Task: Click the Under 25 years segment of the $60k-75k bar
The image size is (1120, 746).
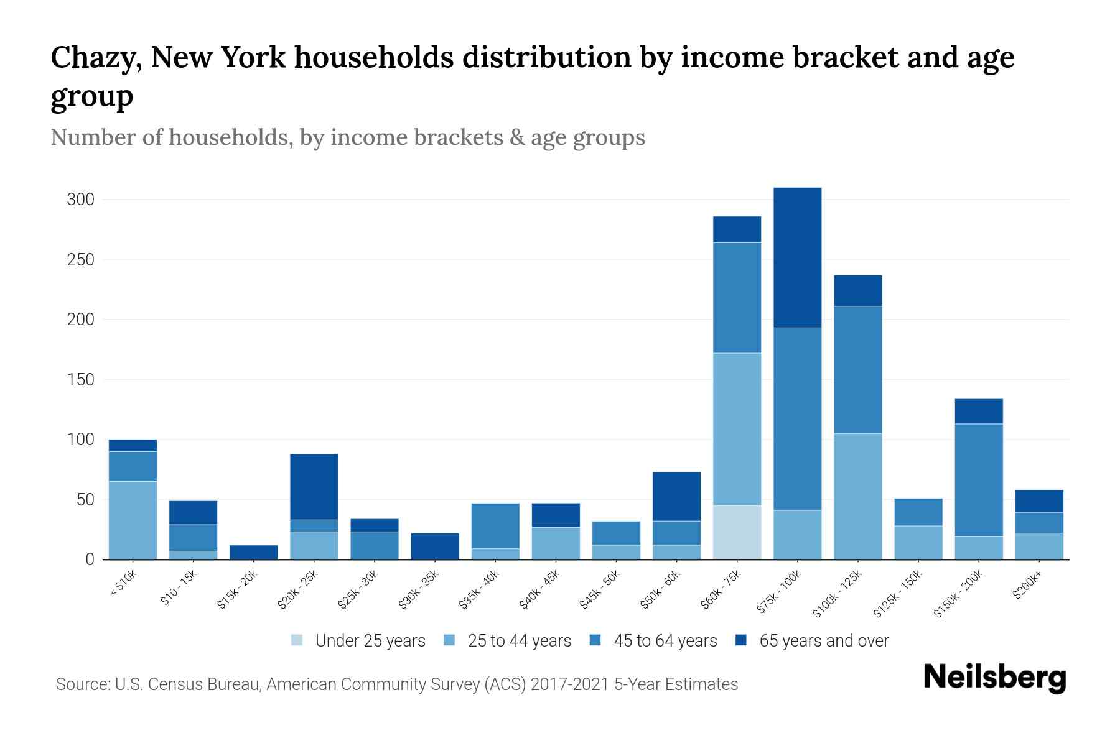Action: click(x=737, y=532)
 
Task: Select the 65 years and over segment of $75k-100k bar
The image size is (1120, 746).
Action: click(x=797, y=257)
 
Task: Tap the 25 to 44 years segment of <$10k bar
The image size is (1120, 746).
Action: click(x=133, y=520)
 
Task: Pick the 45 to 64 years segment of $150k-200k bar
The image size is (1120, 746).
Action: click(x=979, y=480)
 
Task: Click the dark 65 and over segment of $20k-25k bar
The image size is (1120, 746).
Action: click(x=314, y=487)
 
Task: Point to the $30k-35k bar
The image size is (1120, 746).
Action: click(x=435, y=546)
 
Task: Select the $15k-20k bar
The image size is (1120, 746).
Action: click(x=253, y=552)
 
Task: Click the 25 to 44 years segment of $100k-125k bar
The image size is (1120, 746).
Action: click(x=857, y=496)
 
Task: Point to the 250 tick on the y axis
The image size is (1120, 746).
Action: click(x=80, y=260)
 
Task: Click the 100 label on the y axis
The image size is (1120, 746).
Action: click(x=80, y=440)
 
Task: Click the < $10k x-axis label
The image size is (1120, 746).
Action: click(x=123, y=584)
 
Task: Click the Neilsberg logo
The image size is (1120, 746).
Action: click(x=994, y=678)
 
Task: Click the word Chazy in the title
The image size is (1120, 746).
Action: click(x=95, y=58)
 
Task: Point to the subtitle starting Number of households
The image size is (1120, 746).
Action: click(x=347, y=137)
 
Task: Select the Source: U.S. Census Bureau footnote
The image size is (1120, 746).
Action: click(x=396, y=684)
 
